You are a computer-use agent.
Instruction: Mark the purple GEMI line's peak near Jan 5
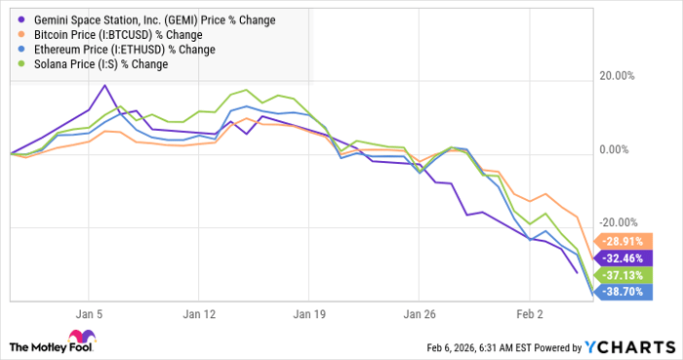pos(104,85)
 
